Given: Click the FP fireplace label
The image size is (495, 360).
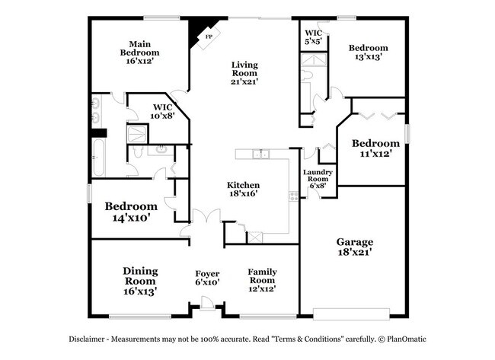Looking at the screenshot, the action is tap(209, 37).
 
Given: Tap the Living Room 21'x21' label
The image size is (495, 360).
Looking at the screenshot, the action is tap(244, 73).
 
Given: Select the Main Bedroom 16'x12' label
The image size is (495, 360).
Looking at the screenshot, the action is tap(140, 53).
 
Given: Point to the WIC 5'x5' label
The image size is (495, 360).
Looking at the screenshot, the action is tap(314, 37).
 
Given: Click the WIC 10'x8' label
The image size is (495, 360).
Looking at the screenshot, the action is tap(162, 111).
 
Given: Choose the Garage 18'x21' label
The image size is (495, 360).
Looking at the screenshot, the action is tap(355, 247).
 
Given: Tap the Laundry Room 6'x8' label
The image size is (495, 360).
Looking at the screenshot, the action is tap(318, 179).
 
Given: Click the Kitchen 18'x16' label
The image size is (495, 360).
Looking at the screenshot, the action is tap(244, 189).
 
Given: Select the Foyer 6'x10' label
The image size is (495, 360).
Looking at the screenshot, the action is tap(207, 278).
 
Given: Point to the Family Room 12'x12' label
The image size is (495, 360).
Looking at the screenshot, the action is tap(262, 280).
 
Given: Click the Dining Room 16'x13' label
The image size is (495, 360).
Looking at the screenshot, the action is tap(140, 281).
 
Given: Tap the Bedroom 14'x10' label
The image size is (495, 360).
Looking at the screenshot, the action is tap(131, 212).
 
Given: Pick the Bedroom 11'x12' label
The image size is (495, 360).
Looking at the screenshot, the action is tap(375, 148).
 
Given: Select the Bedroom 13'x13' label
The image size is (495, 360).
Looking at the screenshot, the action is tap(369, 53).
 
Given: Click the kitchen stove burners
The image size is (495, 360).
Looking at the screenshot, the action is tap(294, 196).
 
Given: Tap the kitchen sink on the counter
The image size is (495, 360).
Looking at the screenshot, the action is tap(260, 154).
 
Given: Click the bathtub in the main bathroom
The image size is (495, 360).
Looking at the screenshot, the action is tap(98, 158).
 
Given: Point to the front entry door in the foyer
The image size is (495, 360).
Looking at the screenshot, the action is tap(207, 304).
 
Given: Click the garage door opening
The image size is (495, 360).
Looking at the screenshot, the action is tap(351, 314).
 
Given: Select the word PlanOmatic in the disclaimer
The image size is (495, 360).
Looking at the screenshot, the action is tap(407, 339).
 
